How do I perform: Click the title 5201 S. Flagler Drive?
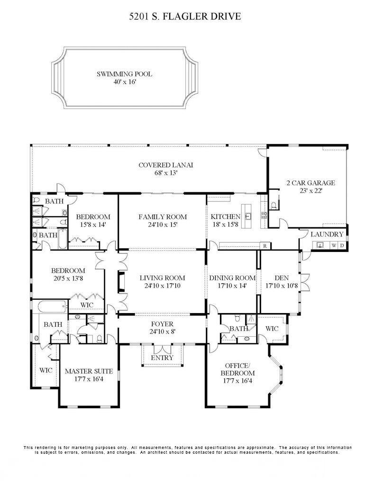[x=185, y=16]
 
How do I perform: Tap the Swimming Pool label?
[x=125, y=74]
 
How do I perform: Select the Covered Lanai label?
[x=165, y=165]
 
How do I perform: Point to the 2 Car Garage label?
[x=311, y=183]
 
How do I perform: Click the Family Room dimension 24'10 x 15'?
[x=163, y=225]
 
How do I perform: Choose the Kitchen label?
[x=226, y=216]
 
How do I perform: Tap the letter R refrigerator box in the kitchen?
[x=265, y=246]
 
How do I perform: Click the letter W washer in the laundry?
[x=334, y=246]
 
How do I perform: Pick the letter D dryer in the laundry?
[x=342, y=246]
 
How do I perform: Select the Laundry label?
[x=327, y=234]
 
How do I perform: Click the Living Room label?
[x=162, y=278]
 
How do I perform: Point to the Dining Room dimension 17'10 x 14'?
[x=232, y=286]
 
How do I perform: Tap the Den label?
[x=282, y=278]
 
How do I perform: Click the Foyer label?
[x=162, y=324]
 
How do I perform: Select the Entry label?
[x=162, y=358]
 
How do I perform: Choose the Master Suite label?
[x=89, y=371]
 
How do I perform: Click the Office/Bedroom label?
[x=238, y=369]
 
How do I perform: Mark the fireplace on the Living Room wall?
[x=121, y=282]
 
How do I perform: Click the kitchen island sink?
[x=248, y=216]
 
